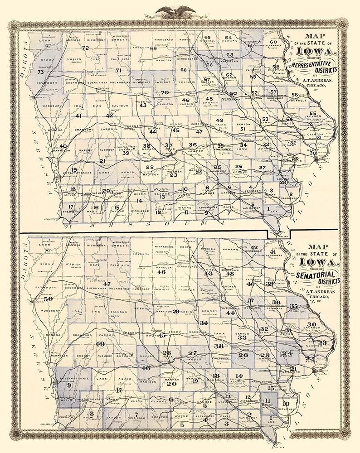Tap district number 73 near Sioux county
pyautogui.click(x=40, y=72)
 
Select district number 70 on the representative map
pyautogui.click(x=165, y=92)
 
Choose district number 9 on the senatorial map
pyautogui.click(x=69, y=386)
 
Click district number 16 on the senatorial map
pyautogui.click(x=146, y=368)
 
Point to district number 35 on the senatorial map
pyautogui.click(x=294, y=306)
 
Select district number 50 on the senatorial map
pyautogui.click(x=49, y=299)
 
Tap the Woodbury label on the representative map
pyautogui.click(x=54, y=106)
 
